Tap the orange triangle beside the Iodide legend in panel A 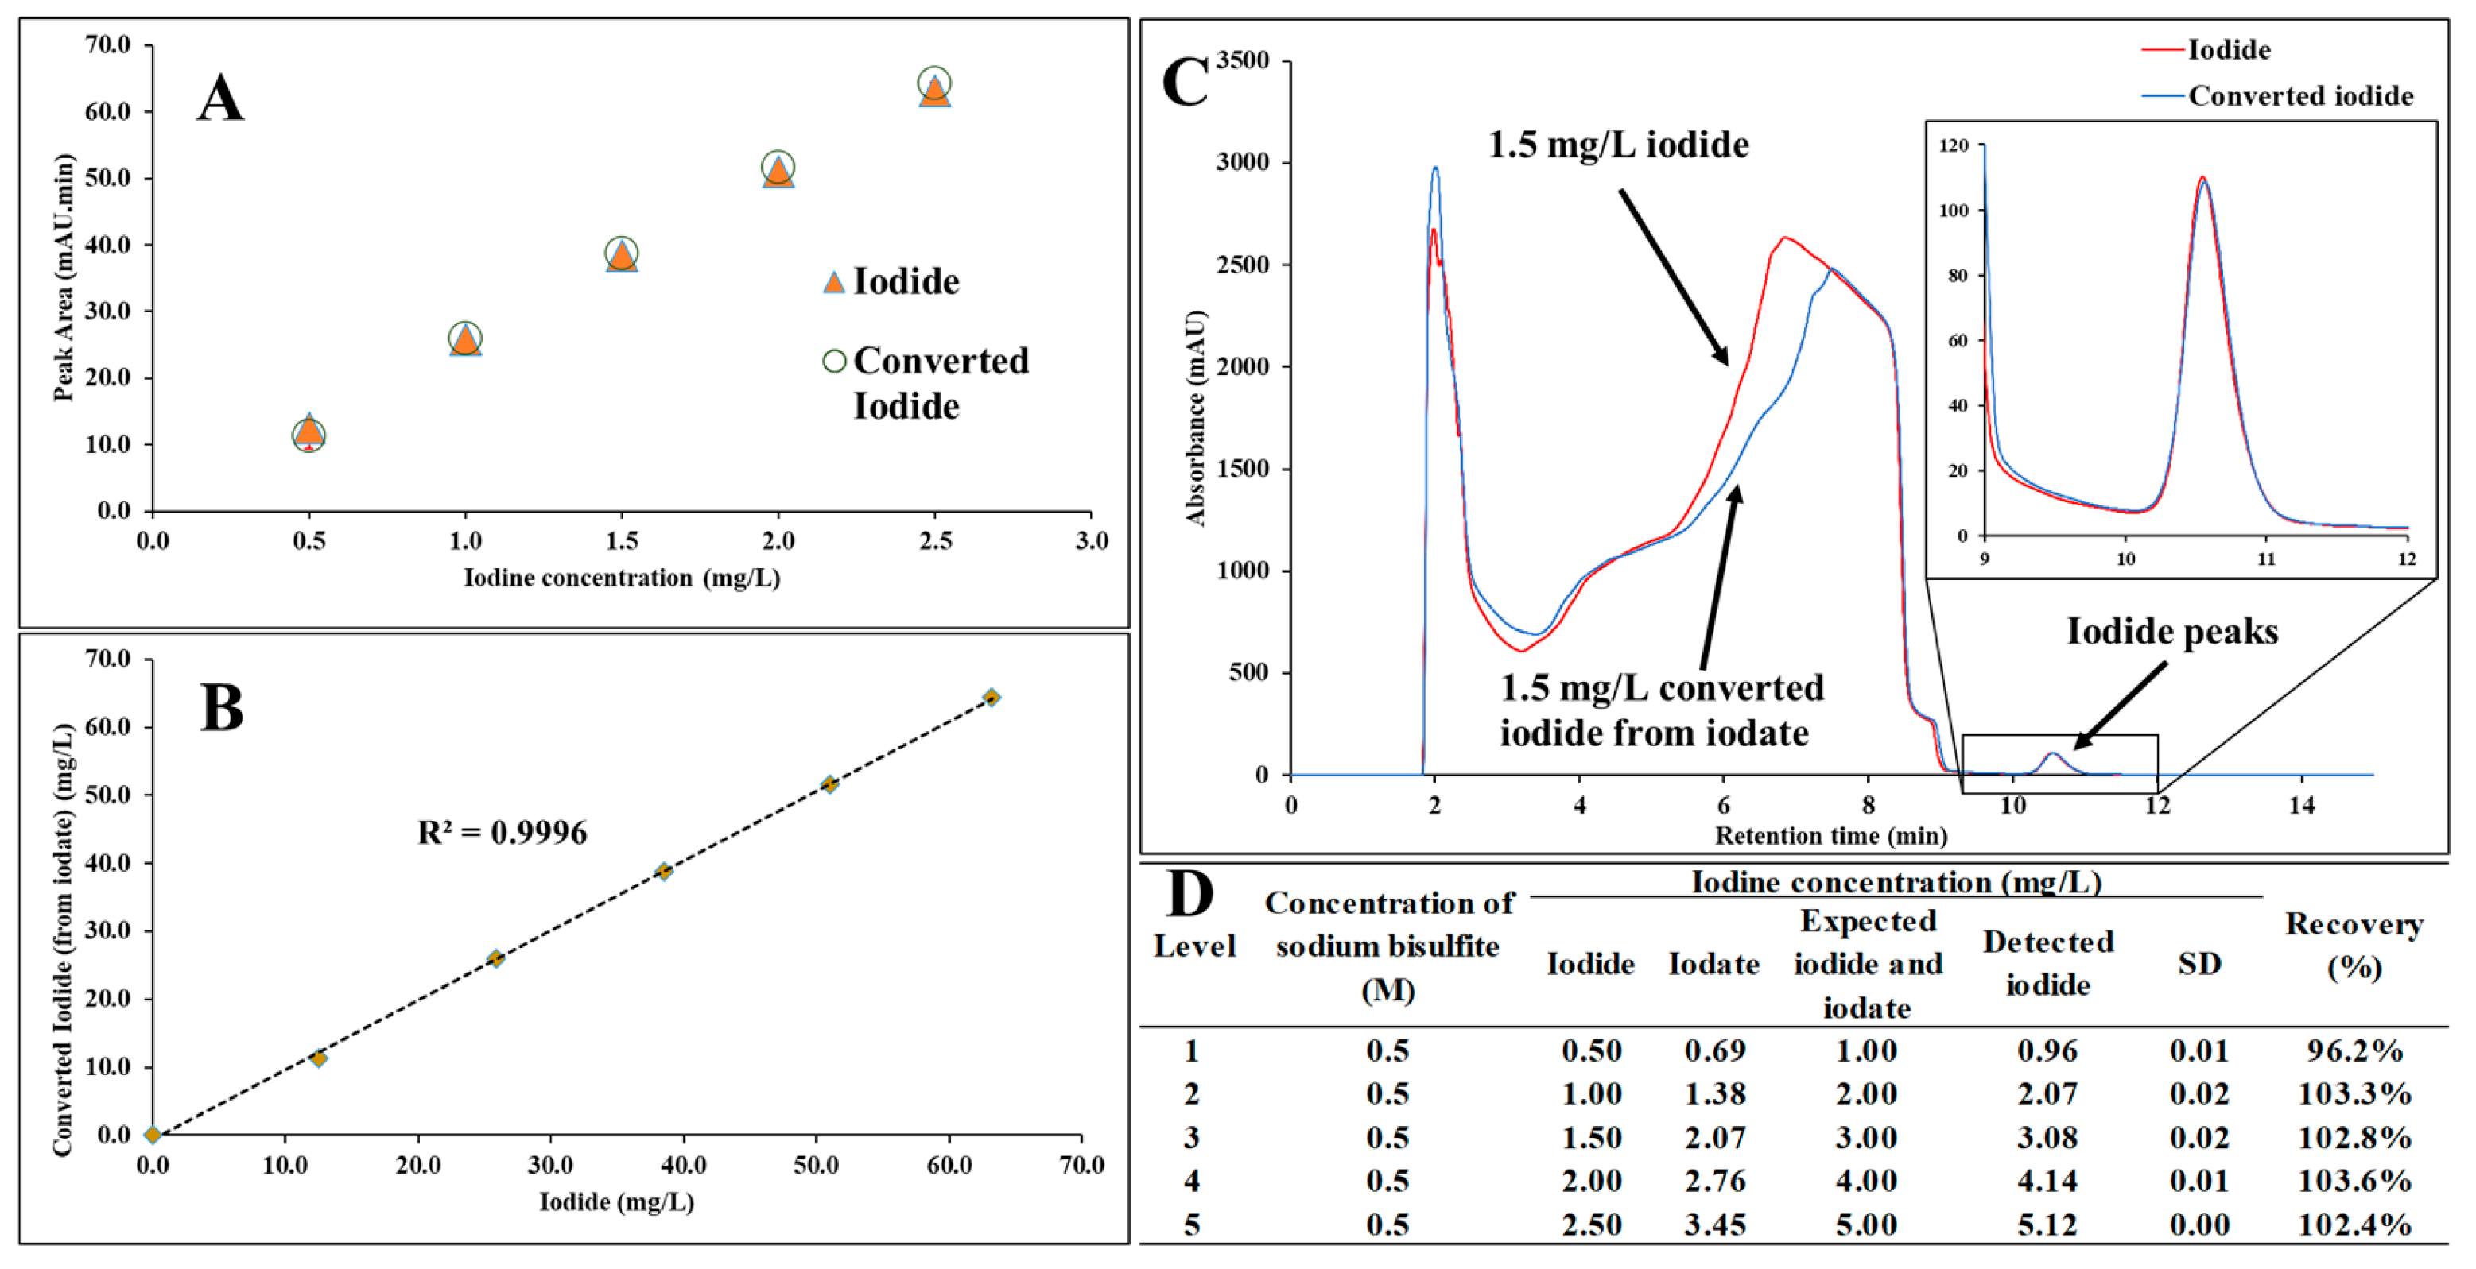coord(833,282)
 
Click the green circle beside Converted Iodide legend coord(833,362)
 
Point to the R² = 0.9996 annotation coord(502,832)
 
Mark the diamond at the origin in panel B coord(153,1135)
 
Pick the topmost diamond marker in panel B coord(991,698)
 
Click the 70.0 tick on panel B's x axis coord(1081,1165)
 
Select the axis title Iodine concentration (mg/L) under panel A coord(622,578)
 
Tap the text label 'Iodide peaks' coord(2172,631)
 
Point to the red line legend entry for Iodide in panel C coord(2163,49)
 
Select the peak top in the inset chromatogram coord(2202,179)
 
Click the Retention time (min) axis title coord(1831,836)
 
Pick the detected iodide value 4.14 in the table coord(2047,1180)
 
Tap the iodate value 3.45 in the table coord(1715,1224)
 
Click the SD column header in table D coord(2199,964)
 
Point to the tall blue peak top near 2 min coord(1435,169)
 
